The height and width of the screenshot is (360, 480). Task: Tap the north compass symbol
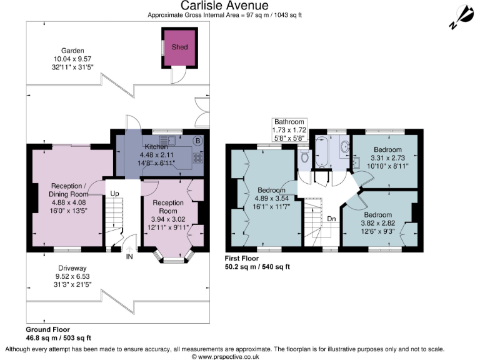462,17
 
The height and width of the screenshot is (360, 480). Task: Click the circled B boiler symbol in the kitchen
197,141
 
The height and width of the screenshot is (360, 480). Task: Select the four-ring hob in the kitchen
197,158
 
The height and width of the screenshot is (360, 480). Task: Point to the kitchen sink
167,141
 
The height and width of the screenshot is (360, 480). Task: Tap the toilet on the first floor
304,156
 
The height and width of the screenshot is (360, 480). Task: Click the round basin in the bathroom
345,147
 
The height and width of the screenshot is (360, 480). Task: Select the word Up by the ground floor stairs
114,194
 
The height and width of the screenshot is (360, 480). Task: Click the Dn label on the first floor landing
331,219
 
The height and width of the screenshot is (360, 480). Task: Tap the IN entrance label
129,256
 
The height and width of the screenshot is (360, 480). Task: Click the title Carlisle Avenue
224,5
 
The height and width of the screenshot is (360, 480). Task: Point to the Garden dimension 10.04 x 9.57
72,59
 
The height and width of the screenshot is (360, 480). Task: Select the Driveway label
72,268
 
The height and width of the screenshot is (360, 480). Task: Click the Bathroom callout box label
289,130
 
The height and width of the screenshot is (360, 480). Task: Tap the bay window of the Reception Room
174,256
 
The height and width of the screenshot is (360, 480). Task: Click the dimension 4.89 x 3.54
271,198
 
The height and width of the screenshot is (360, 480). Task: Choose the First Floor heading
242,258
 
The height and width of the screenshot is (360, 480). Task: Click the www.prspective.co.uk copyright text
225,357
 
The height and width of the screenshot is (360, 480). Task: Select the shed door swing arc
181,76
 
